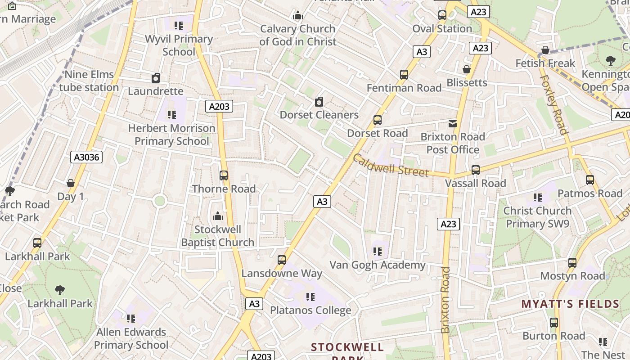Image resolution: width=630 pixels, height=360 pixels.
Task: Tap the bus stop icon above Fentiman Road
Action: click(x=404, y=75)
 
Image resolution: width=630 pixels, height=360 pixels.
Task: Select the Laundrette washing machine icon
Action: click(x=156, y=78)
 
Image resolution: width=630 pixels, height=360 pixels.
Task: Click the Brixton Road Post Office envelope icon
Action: click(x=452, y=123)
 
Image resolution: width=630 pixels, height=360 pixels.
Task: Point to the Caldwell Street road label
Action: click(x=390, y=166)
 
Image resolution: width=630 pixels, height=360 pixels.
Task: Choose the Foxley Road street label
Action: click(x=553, y=104)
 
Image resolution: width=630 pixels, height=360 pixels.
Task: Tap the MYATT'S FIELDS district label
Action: click(x=571, y=304)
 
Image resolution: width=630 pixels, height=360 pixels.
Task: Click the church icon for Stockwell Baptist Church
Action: click(x=218, y=216)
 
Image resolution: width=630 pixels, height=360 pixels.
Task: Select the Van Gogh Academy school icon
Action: click(x=378, y=252)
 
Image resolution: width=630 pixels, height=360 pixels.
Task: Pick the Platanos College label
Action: click(x=310, y=310)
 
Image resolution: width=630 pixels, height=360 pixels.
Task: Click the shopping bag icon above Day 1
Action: click(x=71, y=183)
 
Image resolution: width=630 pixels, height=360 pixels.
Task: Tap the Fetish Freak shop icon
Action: click(x=545, y=50)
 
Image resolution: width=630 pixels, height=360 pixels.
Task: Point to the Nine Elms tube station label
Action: click(x=89, y=81)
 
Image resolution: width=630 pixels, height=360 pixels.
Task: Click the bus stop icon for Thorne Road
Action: click(x=224, y=175)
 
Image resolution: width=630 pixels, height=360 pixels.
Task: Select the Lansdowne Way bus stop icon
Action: click(x=282, y=260)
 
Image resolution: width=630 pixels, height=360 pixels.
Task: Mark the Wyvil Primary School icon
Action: click(x=179, y=26)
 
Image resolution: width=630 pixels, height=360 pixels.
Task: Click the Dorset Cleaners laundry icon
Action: click(x=319, y=102)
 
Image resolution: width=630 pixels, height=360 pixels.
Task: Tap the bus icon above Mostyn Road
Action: click(x=572, y=262)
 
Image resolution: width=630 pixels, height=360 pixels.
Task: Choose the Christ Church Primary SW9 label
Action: click(x=537, y=217)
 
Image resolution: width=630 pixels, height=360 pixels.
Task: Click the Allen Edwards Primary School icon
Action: click(x=131, y=319)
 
